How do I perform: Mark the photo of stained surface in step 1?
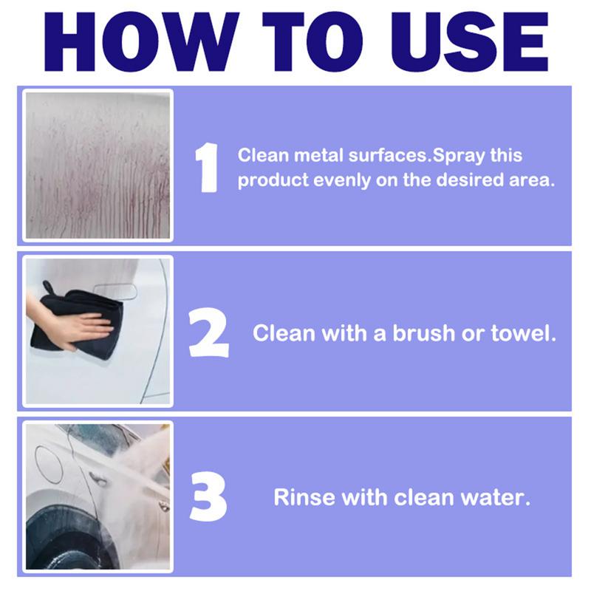point(98,165)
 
